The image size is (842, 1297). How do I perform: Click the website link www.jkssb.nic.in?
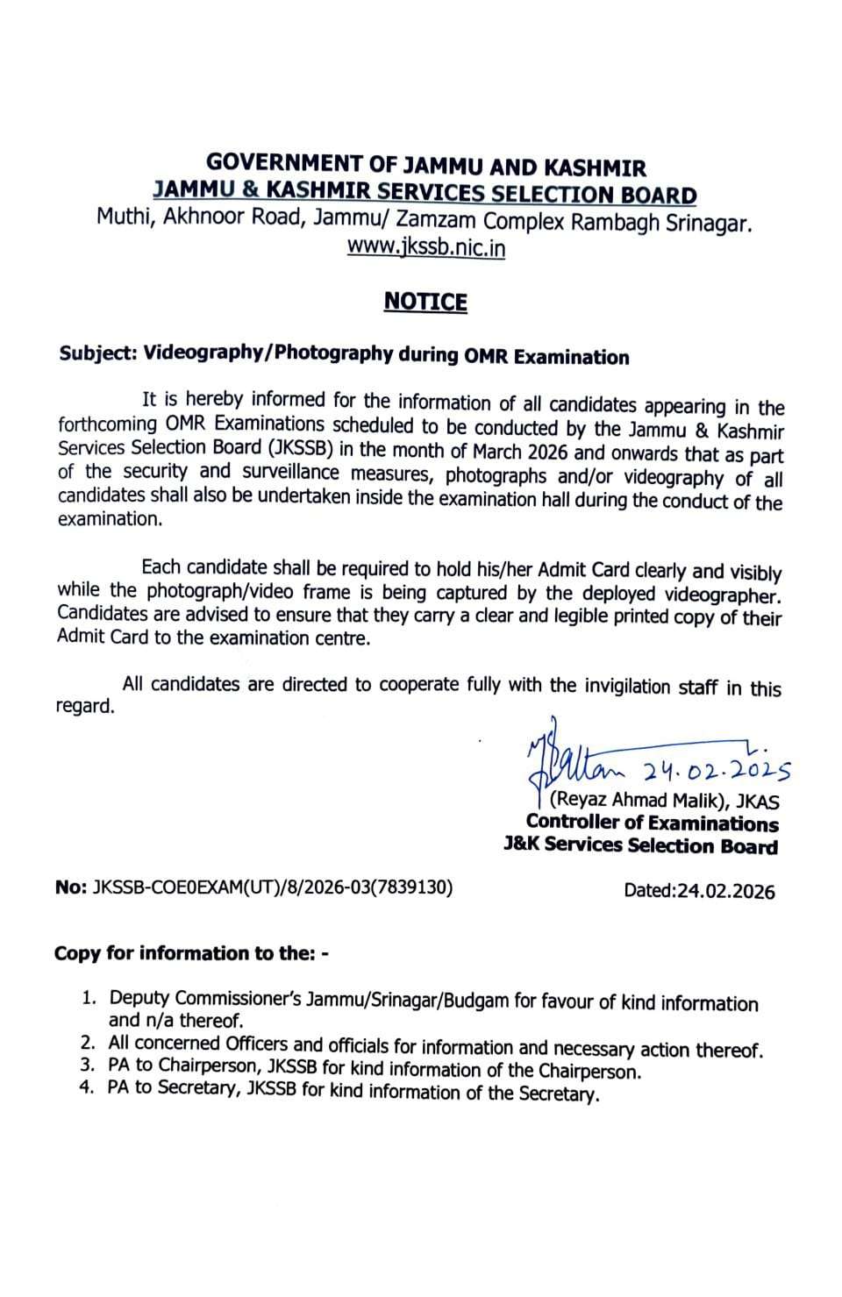point(426,247)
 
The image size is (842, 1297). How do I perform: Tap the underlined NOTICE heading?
point(426,302)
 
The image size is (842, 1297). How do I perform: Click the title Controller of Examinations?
point(652,823)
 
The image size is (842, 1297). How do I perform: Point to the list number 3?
point(87,1065)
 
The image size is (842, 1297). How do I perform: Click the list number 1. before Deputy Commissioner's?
point(88,998)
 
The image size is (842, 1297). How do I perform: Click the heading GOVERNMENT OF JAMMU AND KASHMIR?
point(426,165)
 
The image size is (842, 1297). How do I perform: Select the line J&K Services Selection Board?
point(640,845)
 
